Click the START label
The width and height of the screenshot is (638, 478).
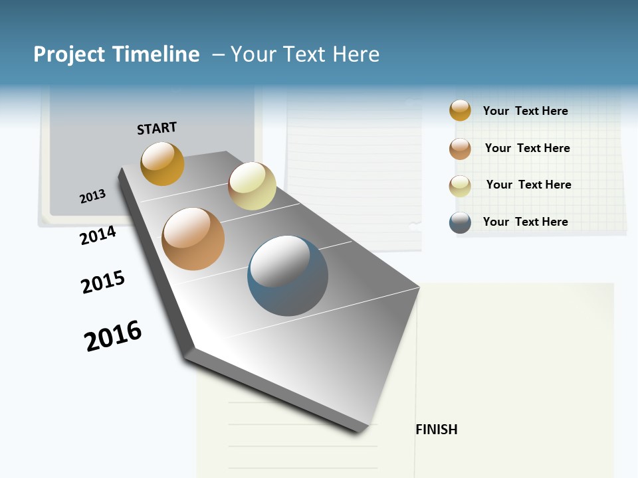click(157, 128)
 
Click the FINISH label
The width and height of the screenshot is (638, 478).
click(436, 430)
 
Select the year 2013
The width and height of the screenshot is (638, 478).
click(92, 197)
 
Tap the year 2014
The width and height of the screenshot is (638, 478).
click(98, 235)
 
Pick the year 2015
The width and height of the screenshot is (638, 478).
click(102, 282)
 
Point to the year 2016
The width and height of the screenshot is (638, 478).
click(113, 335)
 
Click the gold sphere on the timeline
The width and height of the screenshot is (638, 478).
click(162, 163)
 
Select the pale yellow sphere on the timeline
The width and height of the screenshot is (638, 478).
click(252, 186)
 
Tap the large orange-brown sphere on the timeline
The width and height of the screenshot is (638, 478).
click(193, 239)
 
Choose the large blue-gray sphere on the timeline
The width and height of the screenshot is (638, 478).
click(288, 276)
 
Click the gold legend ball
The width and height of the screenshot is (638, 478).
click(460, 110)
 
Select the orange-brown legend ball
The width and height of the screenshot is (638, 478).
click(460, 149)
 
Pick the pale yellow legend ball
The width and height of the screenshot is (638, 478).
click(460, 186)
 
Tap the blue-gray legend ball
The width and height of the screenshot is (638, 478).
click(460, 222)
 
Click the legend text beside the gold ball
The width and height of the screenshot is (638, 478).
click(525, 111)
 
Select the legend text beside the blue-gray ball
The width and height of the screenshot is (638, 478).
click(525, 222)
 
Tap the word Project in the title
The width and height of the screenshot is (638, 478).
click(70, 54)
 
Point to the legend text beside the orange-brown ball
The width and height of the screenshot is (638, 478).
click(527, 148)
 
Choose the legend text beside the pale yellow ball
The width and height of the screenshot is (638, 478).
click(528, 185)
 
